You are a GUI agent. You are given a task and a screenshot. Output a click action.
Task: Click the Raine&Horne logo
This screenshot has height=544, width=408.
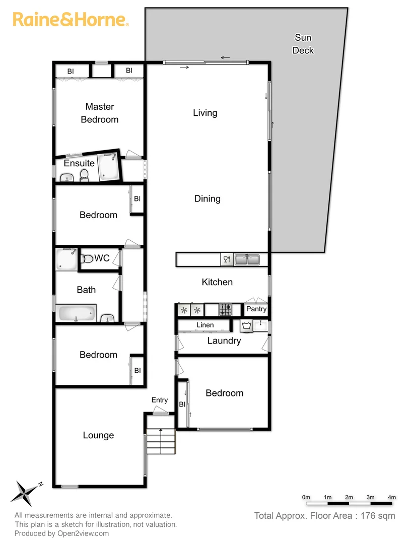(x=71, y=20)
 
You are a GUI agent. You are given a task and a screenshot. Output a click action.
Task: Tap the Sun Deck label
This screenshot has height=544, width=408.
(x=303, y=44)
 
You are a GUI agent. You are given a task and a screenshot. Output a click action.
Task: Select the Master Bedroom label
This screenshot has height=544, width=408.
(x=100, y=113)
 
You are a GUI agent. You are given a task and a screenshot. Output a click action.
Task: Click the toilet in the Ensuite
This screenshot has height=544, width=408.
(x=84, y=175)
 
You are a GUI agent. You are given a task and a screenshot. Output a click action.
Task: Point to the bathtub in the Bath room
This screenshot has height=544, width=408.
(x=77, y=313)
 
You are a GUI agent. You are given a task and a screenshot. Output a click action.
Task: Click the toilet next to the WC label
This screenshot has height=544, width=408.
(x=88, y=258)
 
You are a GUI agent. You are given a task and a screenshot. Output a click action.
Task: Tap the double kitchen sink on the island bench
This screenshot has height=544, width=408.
(x=247, y=259)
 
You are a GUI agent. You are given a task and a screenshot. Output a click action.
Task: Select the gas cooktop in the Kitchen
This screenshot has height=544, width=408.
(x=225, y=309)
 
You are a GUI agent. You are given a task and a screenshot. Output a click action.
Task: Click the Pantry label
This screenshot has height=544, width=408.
(x=256, y=309)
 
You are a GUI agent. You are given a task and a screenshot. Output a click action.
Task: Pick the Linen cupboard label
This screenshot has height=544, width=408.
(x=205, y=325)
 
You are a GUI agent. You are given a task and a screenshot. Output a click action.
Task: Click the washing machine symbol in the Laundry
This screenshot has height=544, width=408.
(x=246, y=326)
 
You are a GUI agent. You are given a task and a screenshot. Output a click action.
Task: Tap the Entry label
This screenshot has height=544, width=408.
(x=160, y=400)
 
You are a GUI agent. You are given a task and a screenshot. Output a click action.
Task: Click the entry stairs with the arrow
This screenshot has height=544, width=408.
(x=161, y=441)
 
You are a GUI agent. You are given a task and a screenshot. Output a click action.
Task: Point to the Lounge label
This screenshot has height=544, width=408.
(x=98, y=435)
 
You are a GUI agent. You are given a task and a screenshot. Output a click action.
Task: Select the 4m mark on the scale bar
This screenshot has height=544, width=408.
(x=391, y=497)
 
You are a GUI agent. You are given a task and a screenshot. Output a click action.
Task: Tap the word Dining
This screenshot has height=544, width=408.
(x=207, y=198)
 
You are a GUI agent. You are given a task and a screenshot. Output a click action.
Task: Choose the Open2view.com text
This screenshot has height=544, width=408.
(x=84, y=533)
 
